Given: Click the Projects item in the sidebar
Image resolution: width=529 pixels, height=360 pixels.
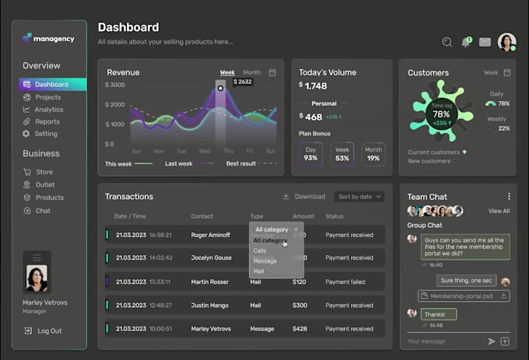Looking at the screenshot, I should (x=47, y=97).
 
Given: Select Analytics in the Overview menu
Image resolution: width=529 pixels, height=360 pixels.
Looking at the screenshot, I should (x=48, y=110).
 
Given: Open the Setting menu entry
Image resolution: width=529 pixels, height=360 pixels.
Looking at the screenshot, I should (x=46, y=134).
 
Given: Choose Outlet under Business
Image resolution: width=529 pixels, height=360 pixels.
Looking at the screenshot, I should (x=45, y=185).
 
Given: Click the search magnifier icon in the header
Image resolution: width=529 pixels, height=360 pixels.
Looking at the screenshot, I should (x=447, y=42).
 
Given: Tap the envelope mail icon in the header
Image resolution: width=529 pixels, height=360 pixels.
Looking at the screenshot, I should (x=485, y=42).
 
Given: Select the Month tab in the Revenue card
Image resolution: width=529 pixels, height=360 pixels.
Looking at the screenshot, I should (x=251, y=72).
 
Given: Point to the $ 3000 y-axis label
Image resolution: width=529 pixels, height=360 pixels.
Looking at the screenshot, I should (x=115, y=85).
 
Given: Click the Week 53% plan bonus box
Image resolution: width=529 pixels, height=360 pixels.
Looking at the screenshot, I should (x=342, y=153).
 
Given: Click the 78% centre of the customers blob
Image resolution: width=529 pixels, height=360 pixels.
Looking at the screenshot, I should (x=442, y=114).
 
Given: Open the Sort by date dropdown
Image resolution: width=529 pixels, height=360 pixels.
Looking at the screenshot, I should (x=359, y=197).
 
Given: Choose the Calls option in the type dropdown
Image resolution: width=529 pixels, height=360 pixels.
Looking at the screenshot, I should (x=260, y=250).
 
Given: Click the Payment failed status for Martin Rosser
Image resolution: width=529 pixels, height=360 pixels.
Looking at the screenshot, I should (x=345, y=281).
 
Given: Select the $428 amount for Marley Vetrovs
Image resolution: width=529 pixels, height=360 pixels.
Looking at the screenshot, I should (x=300, y=328).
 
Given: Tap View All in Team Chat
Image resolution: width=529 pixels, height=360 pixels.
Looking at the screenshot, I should (x=499, y=211).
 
